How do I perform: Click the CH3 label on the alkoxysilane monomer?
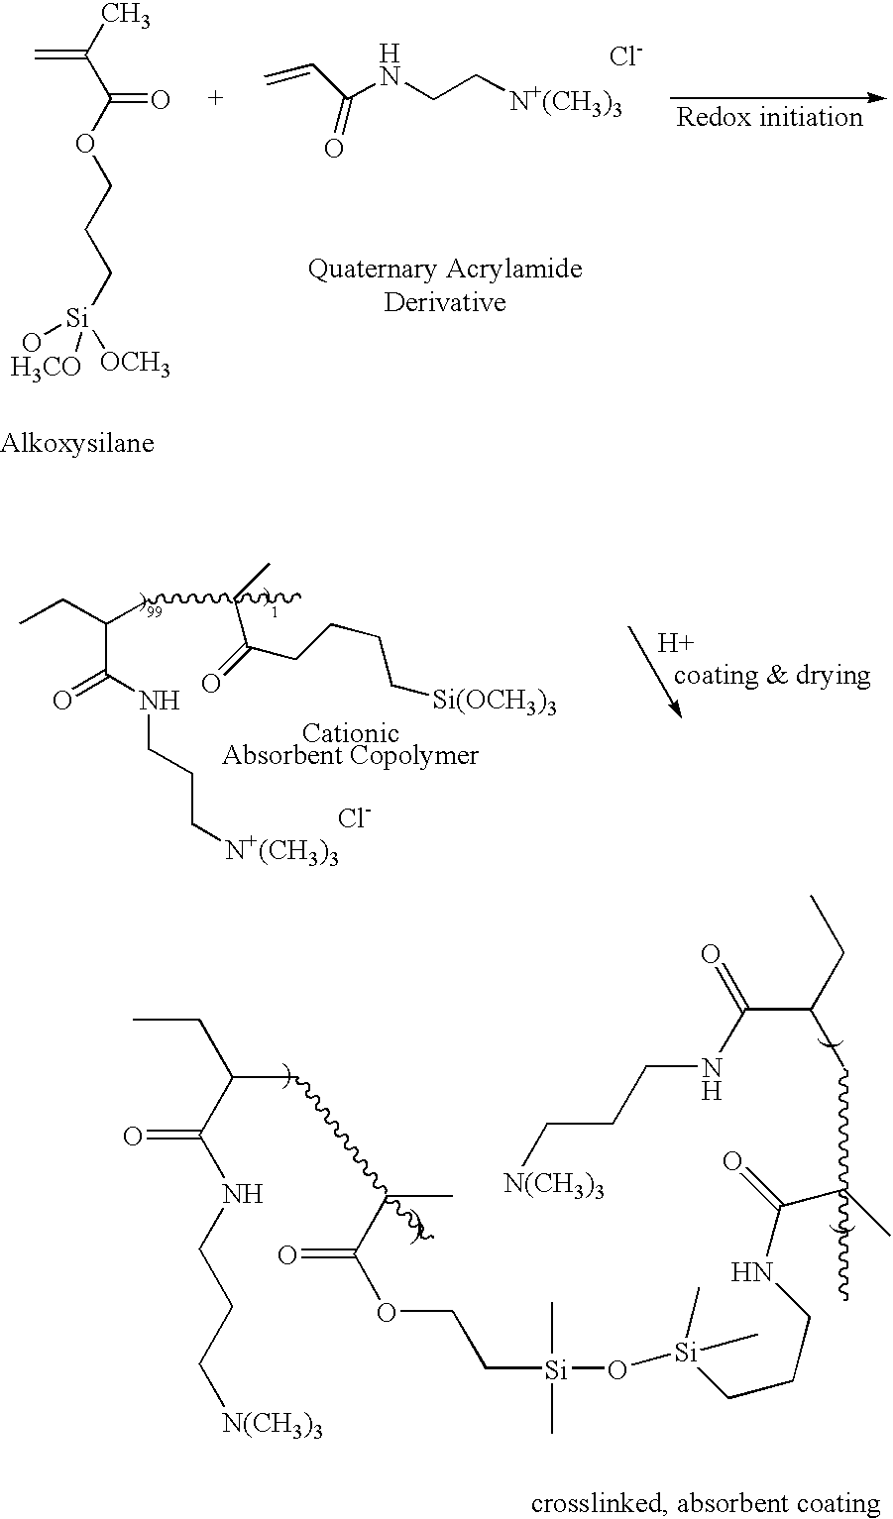coord(126,15)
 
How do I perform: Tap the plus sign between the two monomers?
coord(215,98)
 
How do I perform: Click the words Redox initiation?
coord(769,117)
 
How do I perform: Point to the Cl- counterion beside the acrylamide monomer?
coord(625,55)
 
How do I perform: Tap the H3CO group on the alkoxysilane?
coord(46,368)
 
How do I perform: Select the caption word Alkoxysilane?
coord(77,444)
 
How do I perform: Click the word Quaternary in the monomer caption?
coord(373,270)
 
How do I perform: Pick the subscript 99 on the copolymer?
coord(154,612)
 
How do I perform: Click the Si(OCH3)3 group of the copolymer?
coord(495,701)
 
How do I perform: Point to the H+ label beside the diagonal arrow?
coord(675,642)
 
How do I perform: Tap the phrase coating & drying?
coord(772,676)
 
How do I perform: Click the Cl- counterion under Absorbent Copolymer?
coord(354,817)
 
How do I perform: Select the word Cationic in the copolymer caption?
coord(350,732)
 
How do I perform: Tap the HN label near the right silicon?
coord(752,1271)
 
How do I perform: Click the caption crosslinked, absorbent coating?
coord(706,1504)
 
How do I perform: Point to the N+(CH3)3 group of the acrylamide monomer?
coord(566,103)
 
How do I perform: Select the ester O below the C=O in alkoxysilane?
coord(85,143)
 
